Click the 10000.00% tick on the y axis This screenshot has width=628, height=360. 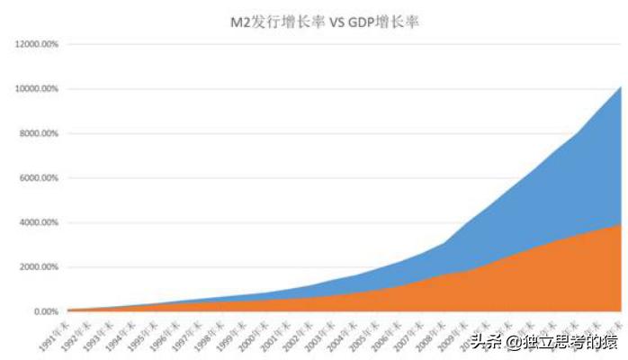tap(37, 89)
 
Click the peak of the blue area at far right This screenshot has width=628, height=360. tap(620, 88)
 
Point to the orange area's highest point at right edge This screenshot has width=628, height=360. tap(620, 225)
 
